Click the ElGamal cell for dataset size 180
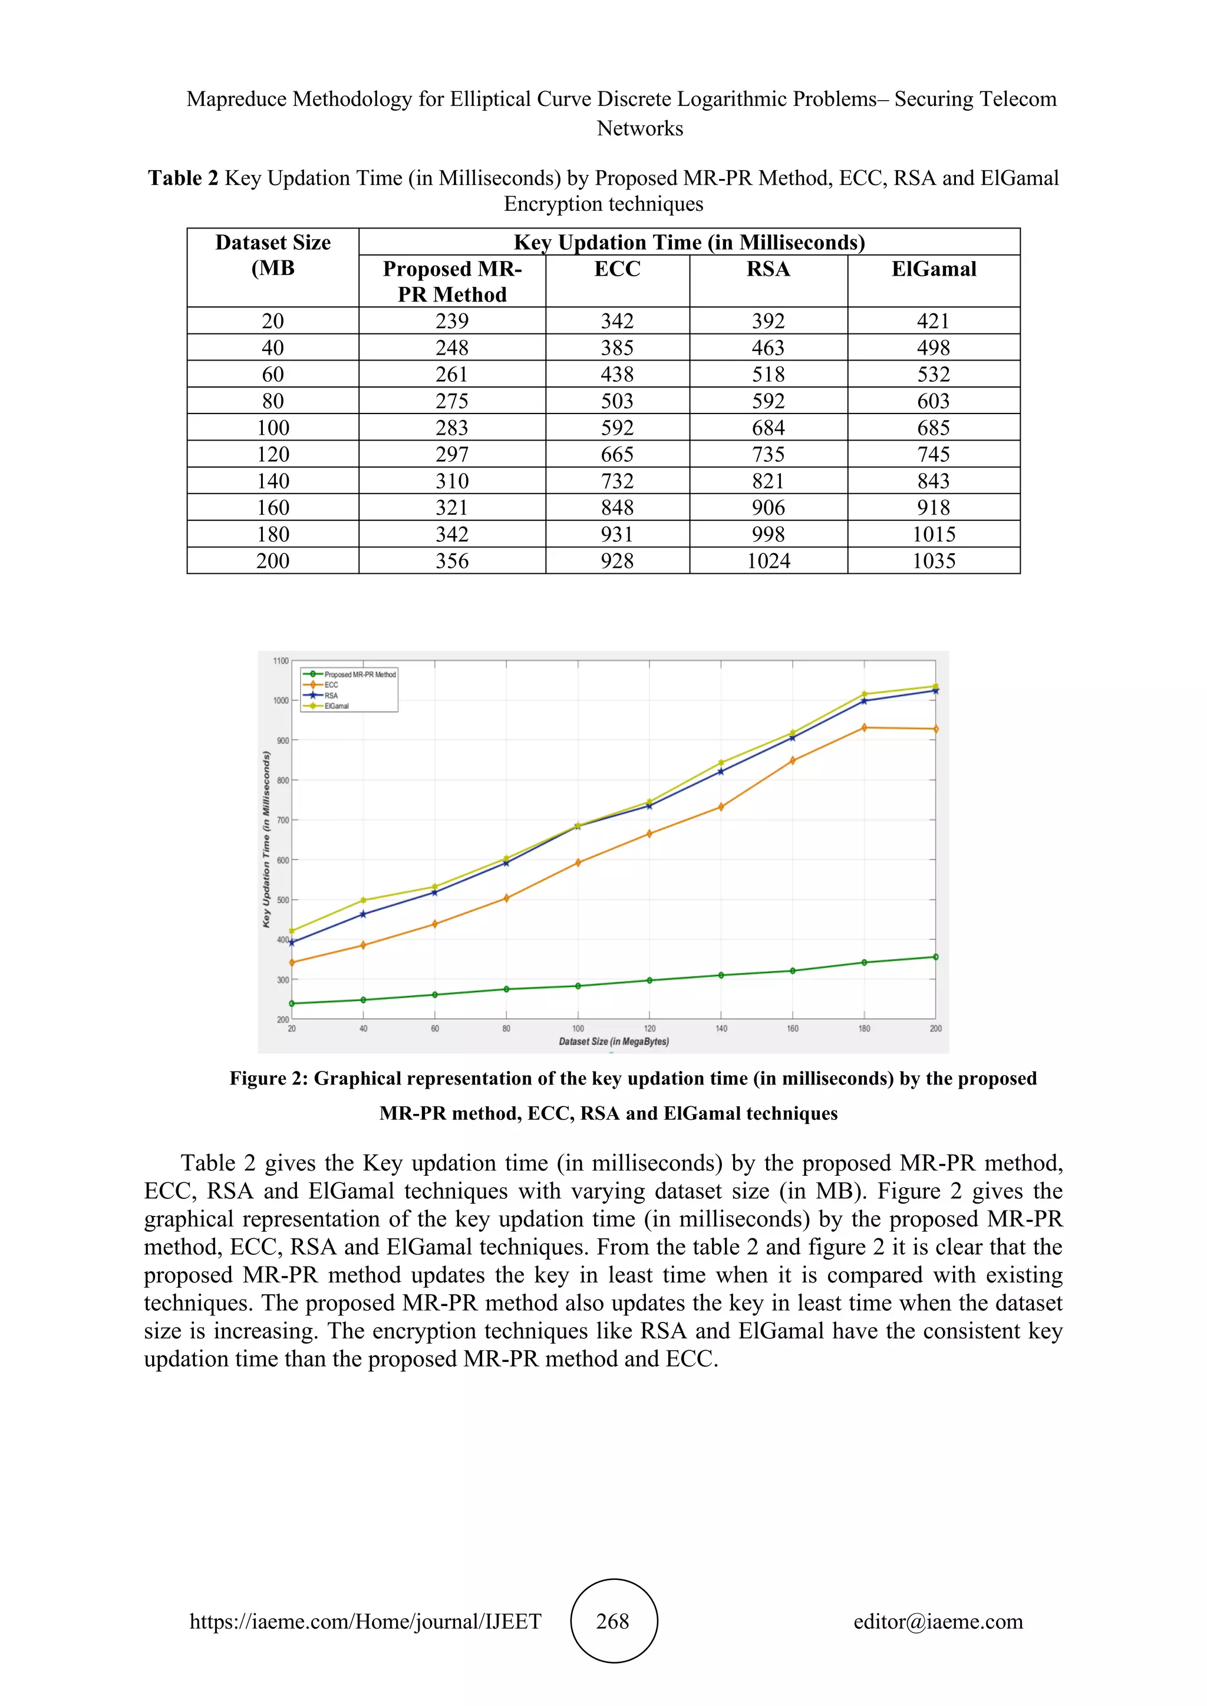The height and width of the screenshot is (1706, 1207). (934, 534)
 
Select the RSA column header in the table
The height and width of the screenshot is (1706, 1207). (768, 269)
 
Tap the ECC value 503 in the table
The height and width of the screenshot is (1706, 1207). (617, 401)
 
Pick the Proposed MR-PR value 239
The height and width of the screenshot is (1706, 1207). (452, 321)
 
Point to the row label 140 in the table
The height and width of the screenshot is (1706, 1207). (273, 481)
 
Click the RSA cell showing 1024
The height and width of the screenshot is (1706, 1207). (768, 561)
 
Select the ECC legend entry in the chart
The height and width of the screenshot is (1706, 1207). (331, 685)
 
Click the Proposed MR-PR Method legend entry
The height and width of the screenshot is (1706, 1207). (360, 675)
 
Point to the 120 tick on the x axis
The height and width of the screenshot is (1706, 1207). (649, 1029)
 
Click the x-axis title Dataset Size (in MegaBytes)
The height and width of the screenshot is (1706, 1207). (614, 1042)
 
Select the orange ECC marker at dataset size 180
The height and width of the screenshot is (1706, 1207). (863, 728)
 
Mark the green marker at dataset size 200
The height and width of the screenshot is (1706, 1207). (935, 957)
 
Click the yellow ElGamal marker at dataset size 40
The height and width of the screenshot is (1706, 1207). (364, 901)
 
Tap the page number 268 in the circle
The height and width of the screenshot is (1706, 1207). (613, 1621)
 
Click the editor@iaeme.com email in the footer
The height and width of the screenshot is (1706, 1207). (938, 1621)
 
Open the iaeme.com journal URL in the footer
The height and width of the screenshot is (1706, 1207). (365, 1621)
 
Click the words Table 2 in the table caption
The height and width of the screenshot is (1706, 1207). (183, 178)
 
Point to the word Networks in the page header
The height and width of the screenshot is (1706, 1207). (640, 128)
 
